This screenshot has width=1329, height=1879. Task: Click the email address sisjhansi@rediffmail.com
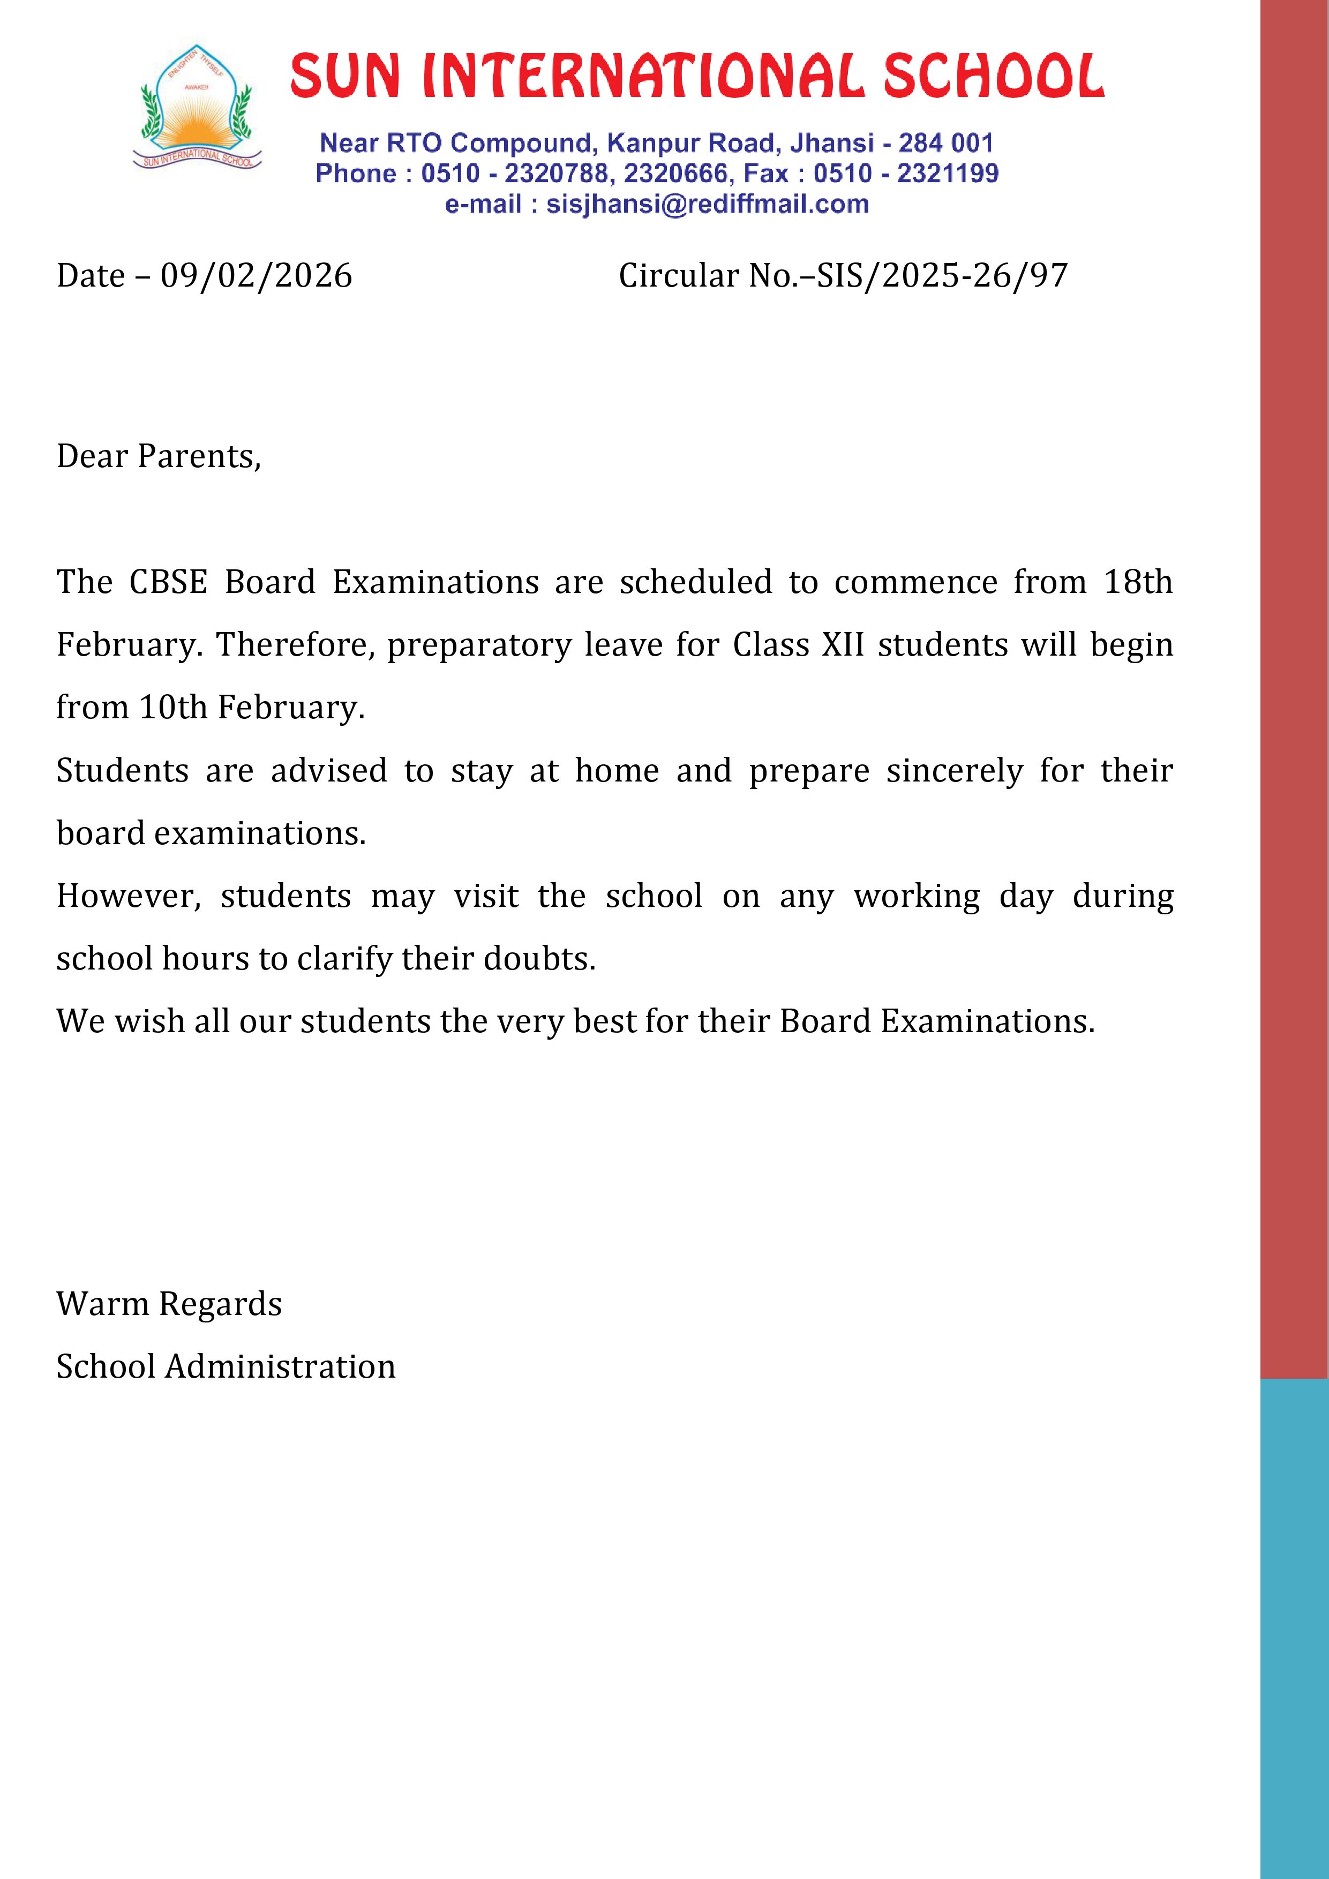pyautogui.click(x=707, y=204)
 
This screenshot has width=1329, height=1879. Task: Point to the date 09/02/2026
pyautogui.click(x=256, y=276)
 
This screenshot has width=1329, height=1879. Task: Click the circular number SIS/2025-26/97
pyautogui.click(x=942, y=276)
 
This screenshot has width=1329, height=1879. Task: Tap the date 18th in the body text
pyautogui.click(x=1138, y=582)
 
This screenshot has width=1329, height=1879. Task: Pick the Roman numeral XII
pyautogui.click(x=843, y=645)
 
